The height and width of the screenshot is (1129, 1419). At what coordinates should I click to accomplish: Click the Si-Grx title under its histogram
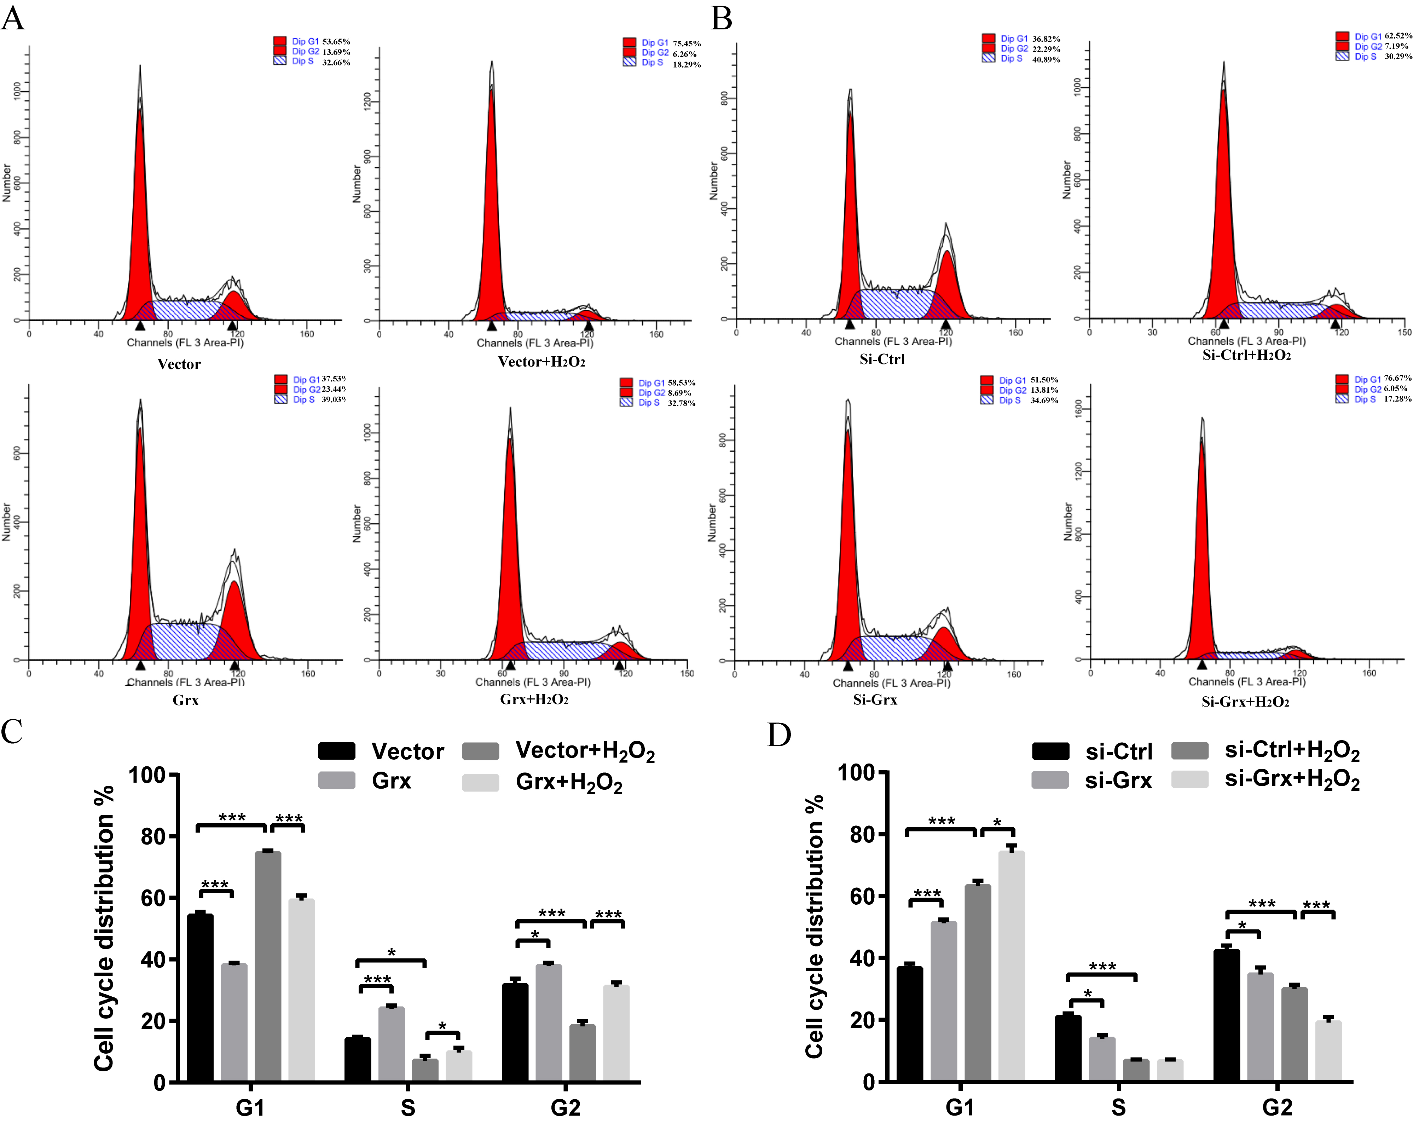coord(875,700)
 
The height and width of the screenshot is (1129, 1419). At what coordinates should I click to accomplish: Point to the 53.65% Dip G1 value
coord(336,41)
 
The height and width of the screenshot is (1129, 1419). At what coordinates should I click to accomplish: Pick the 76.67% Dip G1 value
coord(1397,379)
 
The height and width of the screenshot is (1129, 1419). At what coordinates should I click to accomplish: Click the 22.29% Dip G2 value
coord(1046,49)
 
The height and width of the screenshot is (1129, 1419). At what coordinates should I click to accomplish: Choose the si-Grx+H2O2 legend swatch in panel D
coord(1189,779)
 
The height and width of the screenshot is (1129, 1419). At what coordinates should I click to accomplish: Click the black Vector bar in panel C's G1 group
coord(200,997)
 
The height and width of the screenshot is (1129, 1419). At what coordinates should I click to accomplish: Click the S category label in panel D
coord(1118,1107)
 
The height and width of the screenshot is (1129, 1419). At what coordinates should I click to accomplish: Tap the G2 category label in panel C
coord(565,1108)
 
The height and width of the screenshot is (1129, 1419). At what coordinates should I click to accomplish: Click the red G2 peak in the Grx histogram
coord(234,619)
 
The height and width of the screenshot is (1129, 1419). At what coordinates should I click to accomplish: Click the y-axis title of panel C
coord(104,928)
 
